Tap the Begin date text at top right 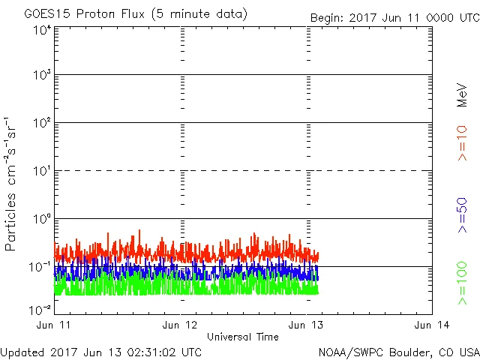click(394, 17)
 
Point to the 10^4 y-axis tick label click(42, 29)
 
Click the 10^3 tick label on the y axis click(42, 76)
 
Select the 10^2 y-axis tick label click(42, 124)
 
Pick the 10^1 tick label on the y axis click(42, 172)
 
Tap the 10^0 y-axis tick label click(42, 220)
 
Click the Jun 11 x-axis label click(55, 325)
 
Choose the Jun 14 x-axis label click(431, 325)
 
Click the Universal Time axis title click(243, 337)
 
